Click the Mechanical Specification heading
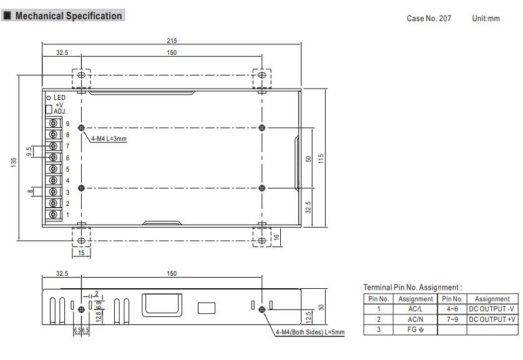pos(68,16)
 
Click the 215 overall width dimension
pos(172,41)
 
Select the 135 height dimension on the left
pos(14,162)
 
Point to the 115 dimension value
pos(321,158)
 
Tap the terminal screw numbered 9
pos(54,124)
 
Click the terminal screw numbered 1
pos(54,215)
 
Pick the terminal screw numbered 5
pos(54,169)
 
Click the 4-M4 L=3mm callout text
pos(109,139)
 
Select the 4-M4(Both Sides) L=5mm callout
pos(310,331)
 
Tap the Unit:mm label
pos(486,19)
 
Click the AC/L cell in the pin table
pos(416,308)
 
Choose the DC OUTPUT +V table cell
pos(492,318)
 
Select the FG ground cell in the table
pos(416,328)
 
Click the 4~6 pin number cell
pos(452,308)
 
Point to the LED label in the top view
pos(59,98)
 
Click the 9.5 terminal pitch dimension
pos(29,152)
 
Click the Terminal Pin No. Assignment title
pos(413,288)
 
